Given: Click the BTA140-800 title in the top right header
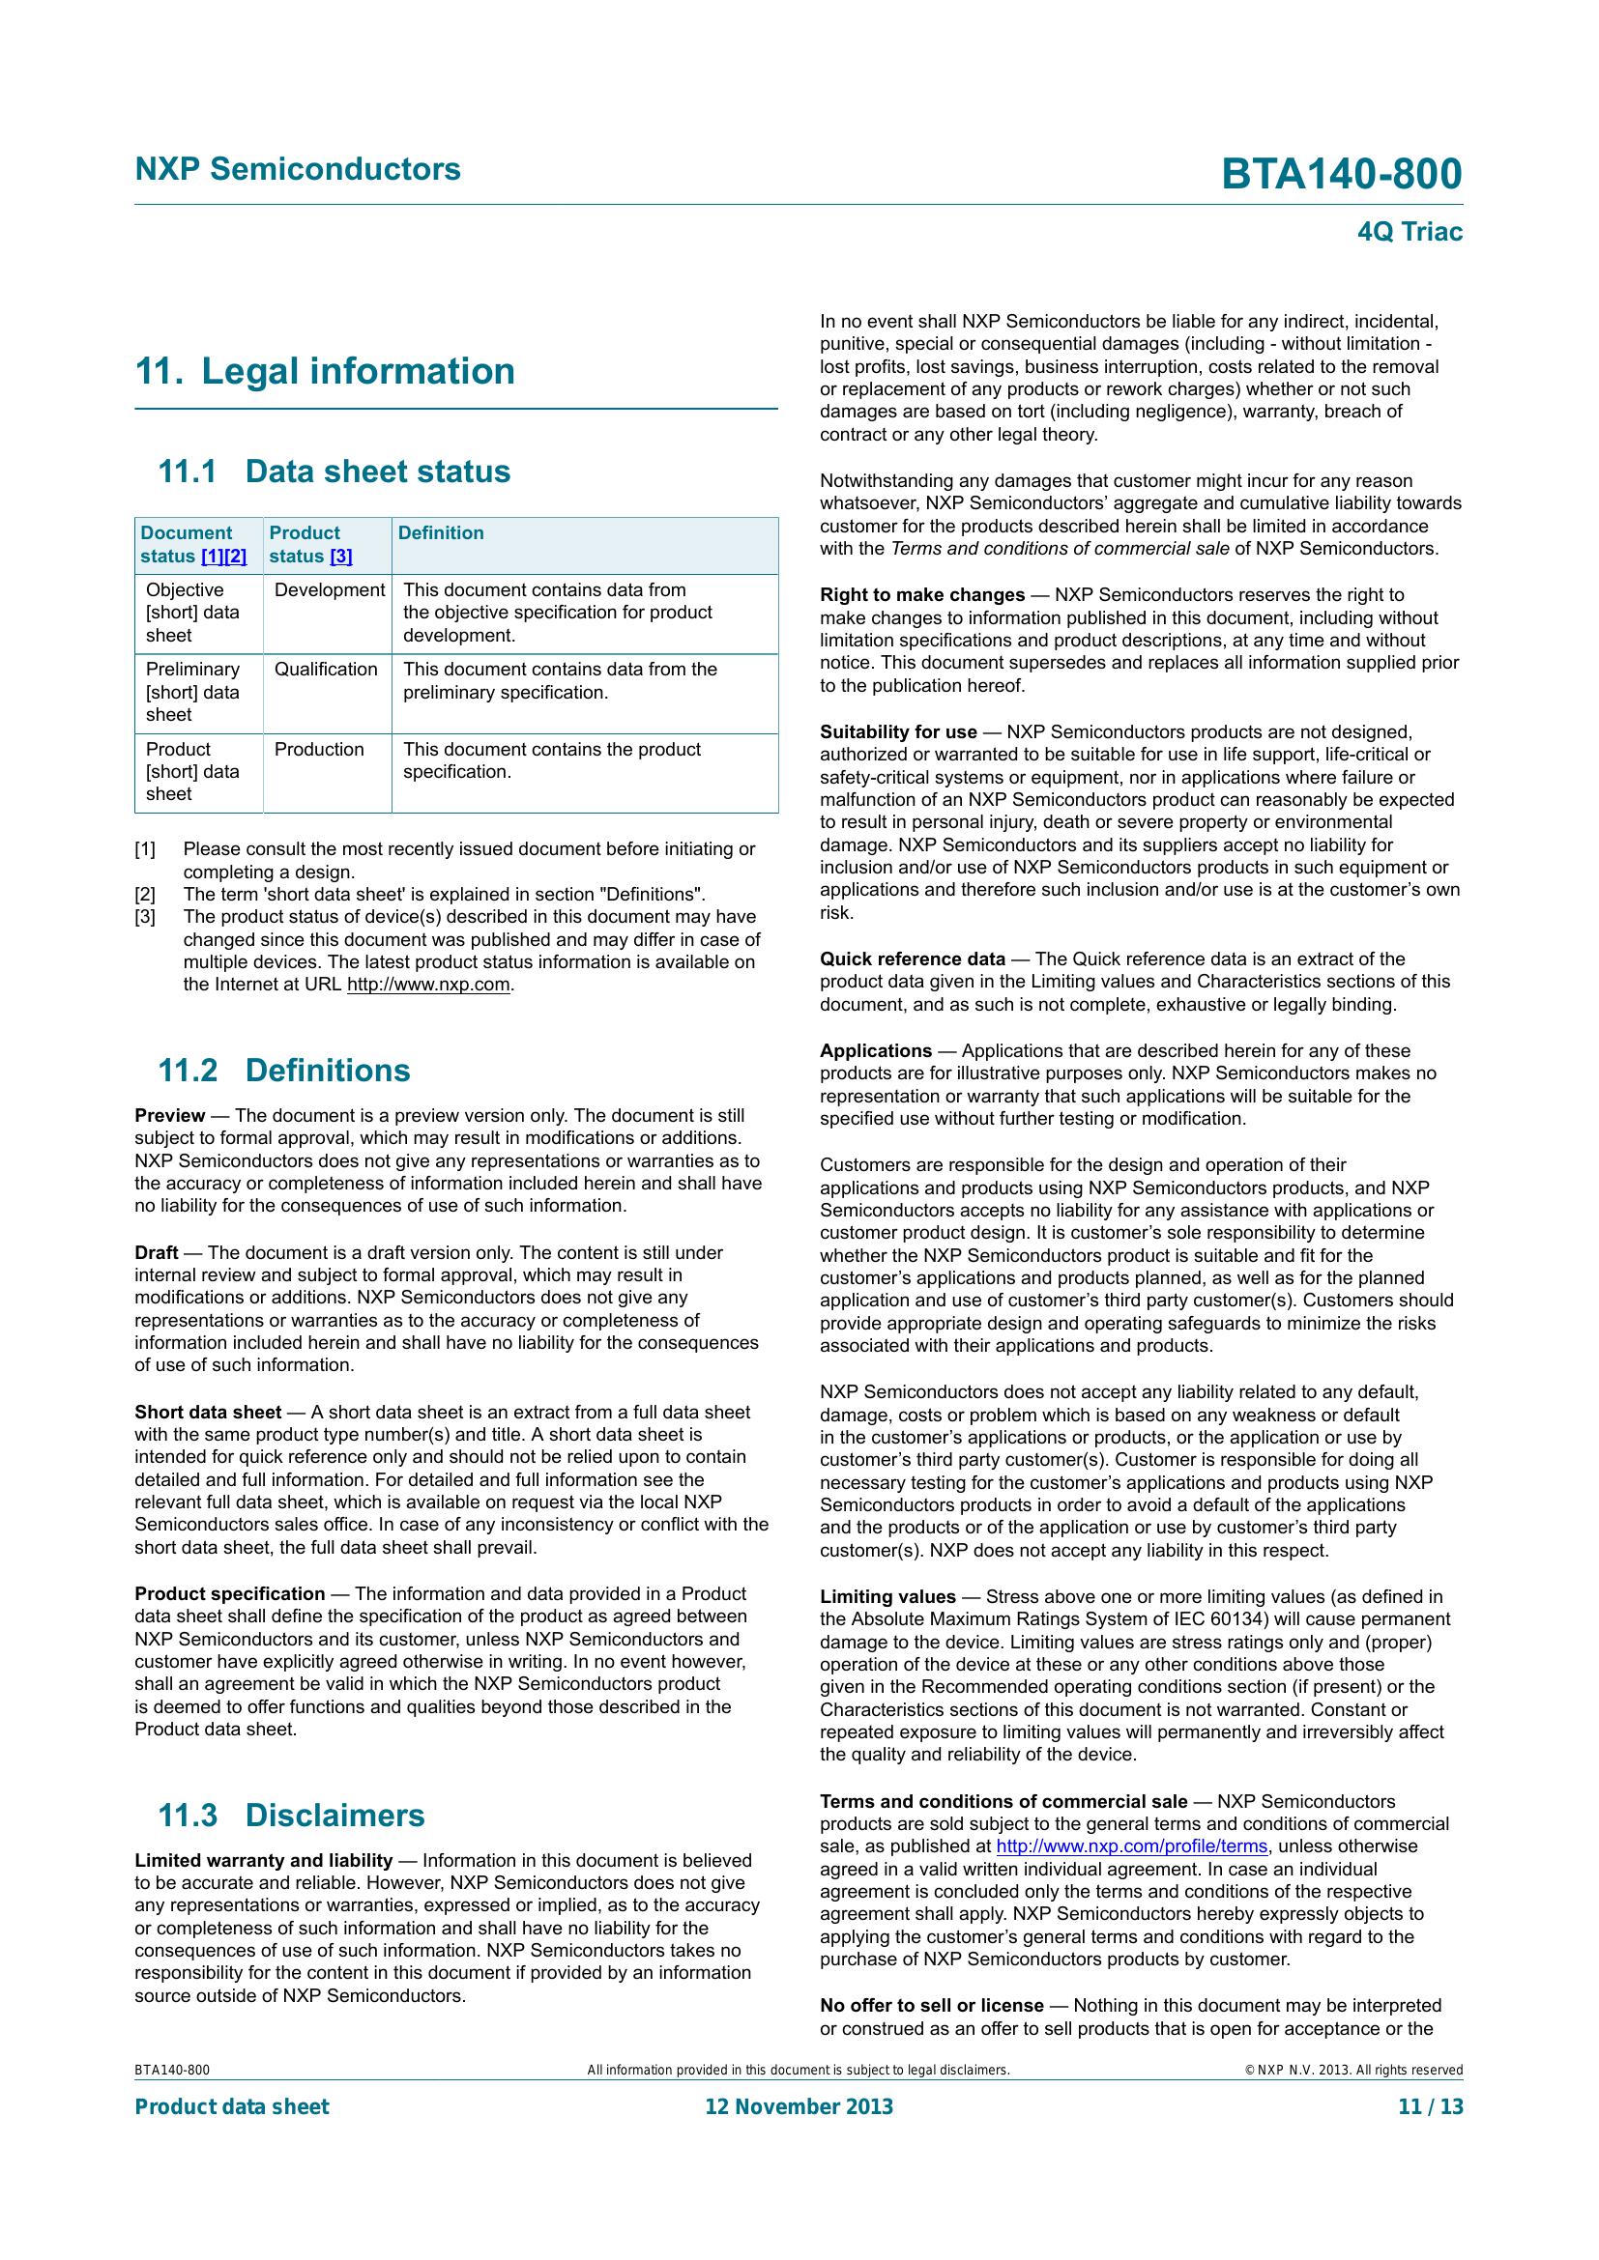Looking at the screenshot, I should tap(1341, 174).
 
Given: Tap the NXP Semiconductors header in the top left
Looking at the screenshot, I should tap(298, 169).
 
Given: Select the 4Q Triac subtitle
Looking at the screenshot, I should tap(1409, 232).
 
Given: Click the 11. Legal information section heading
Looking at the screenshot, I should tap(325, 371).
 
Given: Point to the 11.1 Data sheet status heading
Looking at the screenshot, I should tap(334, 472).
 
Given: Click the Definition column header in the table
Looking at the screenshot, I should tap(440, 532).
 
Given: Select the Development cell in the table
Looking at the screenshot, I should tap(329, 589).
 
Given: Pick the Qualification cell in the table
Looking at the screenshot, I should tap(325, 670).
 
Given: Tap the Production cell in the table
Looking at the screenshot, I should tap(319, 749).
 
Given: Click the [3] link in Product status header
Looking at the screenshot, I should tap(340, 557).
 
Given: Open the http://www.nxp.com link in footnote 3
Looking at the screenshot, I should tap(428, 985).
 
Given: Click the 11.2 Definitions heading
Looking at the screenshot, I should tap(283, 1070).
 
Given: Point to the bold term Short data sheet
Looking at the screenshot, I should tap(208, 1413).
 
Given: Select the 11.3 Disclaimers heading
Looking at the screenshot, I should tap(290, 1816).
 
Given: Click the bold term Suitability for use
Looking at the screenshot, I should tap(898, 732).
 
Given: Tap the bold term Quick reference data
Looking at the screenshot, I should tap(913, 958).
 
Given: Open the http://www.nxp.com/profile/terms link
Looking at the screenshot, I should tap(1131, 1846).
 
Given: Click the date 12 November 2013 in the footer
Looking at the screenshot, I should tap(799, 2106).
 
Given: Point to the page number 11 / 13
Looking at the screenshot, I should tap(1430, 2106).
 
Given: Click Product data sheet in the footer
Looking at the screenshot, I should tap(231, 2106).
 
